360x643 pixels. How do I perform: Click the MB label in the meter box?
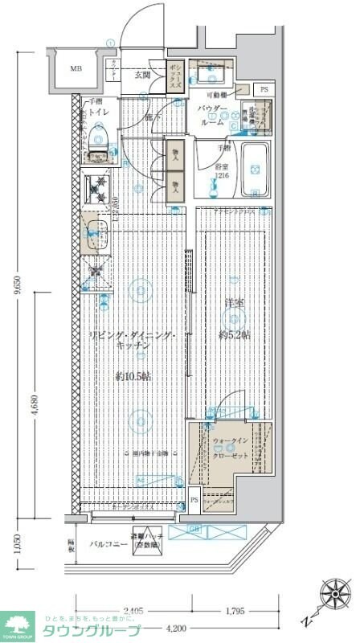coord(76,68)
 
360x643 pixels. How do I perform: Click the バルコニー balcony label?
coord(104,544)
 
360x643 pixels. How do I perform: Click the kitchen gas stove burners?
coord(100,191)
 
